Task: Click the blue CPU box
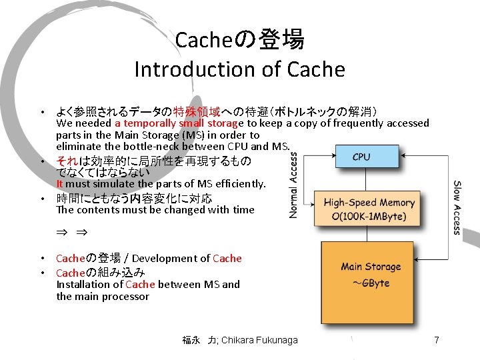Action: tap(361, 157)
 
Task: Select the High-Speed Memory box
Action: tap(369, 209)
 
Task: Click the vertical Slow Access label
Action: tap(457, 207)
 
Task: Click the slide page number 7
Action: tap(436, 340)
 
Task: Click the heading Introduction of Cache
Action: tap(239, 69)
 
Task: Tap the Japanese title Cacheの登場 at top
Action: tap(239, 40)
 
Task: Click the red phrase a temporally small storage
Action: tap(179, 123)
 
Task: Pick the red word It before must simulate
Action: tap(60, 183)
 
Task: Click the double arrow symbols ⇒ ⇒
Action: tap(71, 233)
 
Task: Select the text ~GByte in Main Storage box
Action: tap(371, 283)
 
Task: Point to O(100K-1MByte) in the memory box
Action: tap(369, 217)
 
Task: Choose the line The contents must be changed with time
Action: tap(155, 209)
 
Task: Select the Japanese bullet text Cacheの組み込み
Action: tap(101, 272)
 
